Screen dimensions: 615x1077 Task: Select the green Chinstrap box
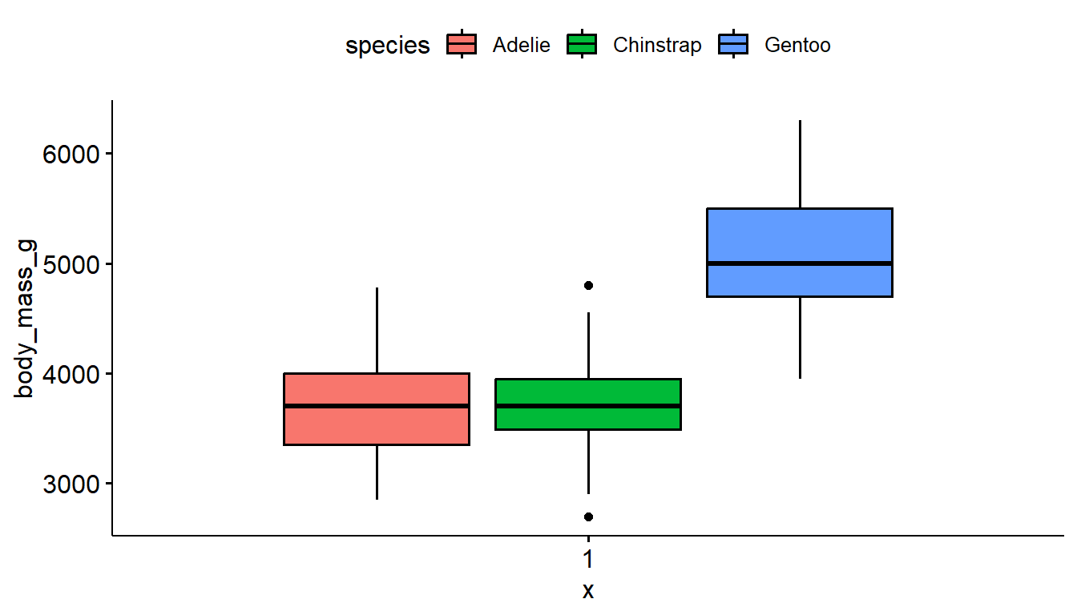coord(588,392)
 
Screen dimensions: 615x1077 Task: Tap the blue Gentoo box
coord(800,236)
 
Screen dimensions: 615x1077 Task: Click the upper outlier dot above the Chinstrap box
coord(589,285)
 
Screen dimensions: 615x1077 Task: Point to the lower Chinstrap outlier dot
coord(589,517)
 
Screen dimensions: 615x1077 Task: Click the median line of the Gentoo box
coord(800,263)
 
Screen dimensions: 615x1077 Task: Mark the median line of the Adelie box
coord(376,406)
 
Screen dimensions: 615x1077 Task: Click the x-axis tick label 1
coord(589,558)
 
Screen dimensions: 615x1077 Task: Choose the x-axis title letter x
coord(589,591)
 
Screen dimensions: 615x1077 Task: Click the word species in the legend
coord(387,46)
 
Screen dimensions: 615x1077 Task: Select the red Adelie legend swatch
coord(462,45)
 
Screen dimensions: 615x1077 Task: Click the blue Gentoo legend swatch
coord(734,45)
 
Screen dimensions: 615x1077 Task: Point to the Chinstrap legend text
coord(657,46)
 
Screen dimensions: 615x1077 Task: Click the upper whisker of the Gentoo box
coord(801,164)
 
